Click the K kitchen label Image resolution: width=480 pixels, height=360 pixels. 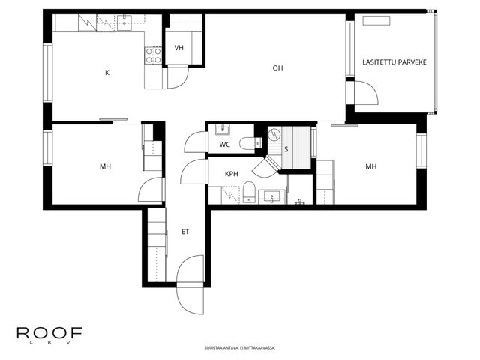(x=107, y=73)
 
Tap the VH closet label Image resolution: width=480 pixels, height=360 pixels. (x=179, y=48)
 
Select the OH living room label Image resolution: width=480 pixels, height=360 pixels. (x=278, y=68)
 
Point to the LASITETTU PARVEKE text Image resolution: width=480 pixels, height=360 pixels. (x=394, y=62)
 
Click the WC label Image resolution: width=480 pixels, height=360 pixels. (x=225, y=145)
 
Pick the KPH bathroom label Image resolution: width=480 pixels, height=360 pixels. (x=232, y=174)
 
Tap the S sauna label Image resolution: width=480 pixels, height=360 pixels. (x=286, y=149)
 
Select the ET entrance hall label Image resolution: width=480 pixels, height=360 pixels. (x=185, y=232)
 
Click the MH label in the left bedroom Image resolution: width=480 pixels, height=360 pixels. (x=105, y=166)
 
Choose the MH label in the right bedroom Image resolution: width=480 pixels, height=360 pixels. (x=371, y=166)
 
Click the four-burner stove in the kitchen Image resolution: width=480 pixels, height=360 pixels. (x=153, y=55)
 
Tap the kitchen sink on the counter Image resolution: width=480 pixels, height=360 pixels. (x=124, y=22)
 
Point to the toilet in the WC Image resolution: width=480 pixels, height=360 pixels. (x=250, y=143)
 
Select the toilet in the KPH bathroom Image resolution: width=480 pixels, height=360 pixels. (x=249, y=192)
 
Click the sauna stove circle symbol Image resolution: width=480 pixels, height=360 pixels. (x=274, y=134)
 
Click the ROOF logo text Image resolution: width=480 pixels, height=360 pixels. (x=49, y=333)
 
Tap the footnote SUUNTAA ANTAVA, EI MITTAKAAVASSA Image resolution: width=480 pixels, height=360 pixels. (x=240, y=348)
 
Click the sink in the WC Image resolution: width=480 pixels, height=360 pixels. (x=223, y=130)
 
